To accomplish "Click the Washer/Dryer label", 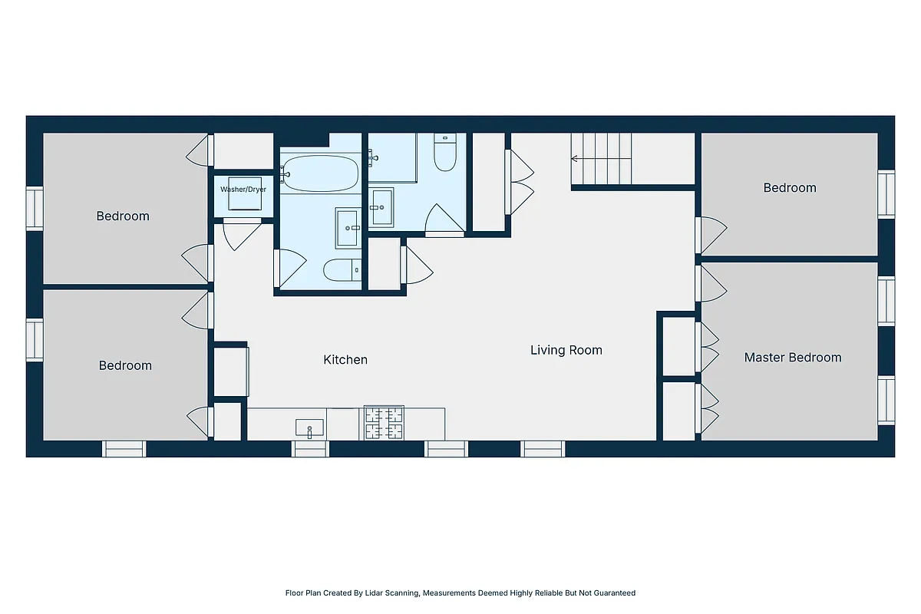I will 243,189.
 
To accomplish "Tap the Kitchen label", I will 345,359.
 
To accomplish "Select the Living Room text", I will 566,350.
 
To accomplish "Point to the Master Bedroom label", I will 793,357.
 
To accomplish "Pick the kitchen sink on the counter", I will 309,427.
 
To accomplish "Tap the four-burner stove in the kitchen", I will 384,423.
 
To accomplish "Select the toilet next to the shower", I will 445,152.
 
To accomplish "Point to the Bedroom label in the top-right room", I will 790,187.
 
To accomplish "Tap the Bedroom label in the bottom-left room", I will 125,365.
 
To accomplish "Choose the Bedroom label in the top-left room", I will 123,216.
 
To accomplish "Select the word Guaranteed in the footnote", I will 613,593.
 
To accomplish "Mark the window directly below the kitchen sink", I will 311,449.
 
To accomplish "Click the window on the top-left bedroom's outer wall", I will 35,209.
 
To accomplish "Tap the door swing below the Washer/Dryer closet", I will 243,233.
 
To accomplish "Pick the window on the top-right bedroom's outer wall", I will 886,194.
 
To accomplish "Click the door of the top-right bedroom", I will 709,235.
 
